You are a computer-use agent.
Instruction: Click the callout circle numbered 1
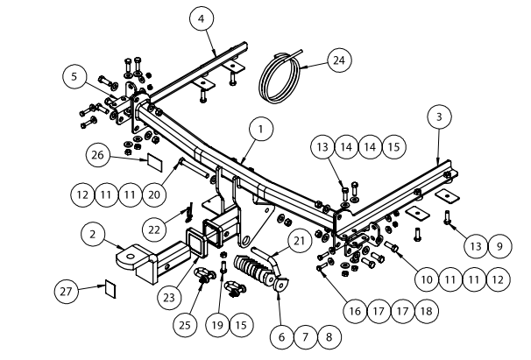259,130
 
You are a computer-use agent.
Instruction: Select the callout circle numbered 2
92,235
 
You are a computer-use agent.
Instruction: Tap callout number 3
439,116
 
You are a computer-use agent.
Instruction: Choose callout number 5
74,77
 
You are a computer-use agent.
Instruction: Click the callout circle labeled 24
337,60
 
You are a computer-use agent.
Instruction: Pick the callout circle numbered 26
99,156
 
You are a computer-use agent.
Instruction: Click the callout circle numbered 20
154,191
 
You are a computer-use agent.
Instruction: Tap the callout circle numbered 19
215,325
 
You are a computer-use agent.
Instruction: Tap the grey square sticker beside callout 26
152,162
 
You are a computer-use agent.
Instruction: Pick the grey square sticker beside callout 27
110,287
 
